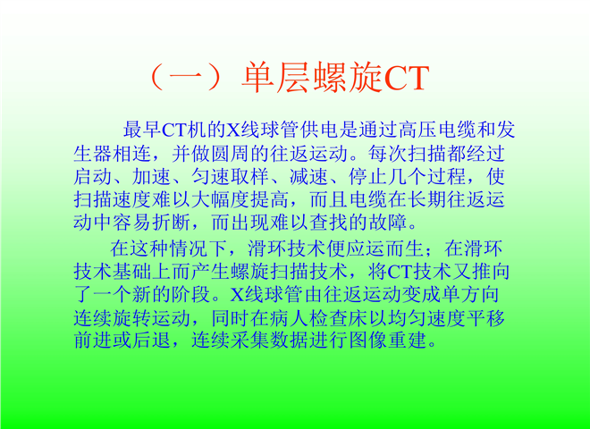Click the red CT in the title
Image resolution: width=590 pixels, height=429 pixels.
pyautogui.click(x=407, y=78)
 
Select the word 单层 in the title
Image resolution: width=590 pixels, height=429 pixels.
pyautogui.click(x=276, y=78)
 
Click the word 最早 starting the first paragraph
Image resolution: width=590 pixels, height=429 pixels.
pyautogui.click(x=143, y=130)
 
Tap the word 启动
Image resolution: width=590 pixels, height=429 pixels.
pyautogui.click(x=93, y=176)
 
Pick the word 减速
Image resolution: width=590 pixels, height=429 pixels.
pyautogui.click(x=309, y=176)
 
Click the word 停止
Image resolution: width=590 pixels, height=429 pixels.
pyautogui.click(x=367, y=176)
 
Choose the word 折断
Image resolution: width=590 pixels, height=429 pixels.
pyautogui.click(x=172, y=223)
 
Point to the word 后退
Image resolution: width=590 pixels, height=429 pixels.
pyautogui.click(x=152, y=341)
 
